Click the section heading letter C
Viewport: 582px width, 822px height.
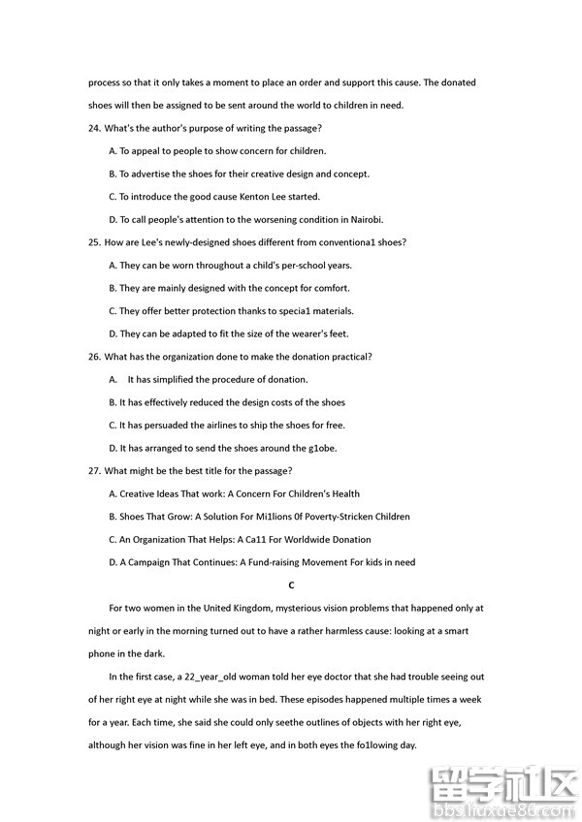[291, 585]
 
